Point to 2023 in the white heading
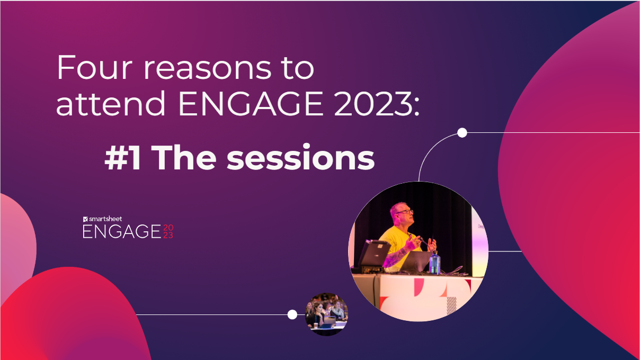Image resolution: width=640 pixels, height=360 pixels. click(376, 105)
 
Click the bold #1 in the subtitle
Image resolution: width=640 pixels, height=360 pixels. click(123, 158)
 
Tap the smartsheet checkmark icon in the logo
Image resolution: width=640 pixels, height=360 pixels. click(85, 219)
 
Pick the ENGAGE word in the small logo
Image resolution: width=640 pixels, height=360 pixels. click(121, 231)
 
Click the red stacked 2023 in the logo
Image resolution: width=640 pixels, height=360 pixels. click(167, 231)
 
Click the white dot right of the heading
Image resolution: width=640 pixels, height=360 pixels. click(462, 133)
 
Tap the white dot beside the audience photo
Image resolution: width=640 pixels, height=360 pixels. click(292, 314)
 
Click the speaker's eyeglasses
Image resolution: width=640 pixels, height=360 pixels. click(405, 212)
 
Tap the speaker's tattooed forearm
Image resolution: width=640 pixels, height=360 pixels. click(394, 256)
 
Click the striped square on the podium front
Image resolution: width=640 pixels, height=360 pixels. click(451, 305)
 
